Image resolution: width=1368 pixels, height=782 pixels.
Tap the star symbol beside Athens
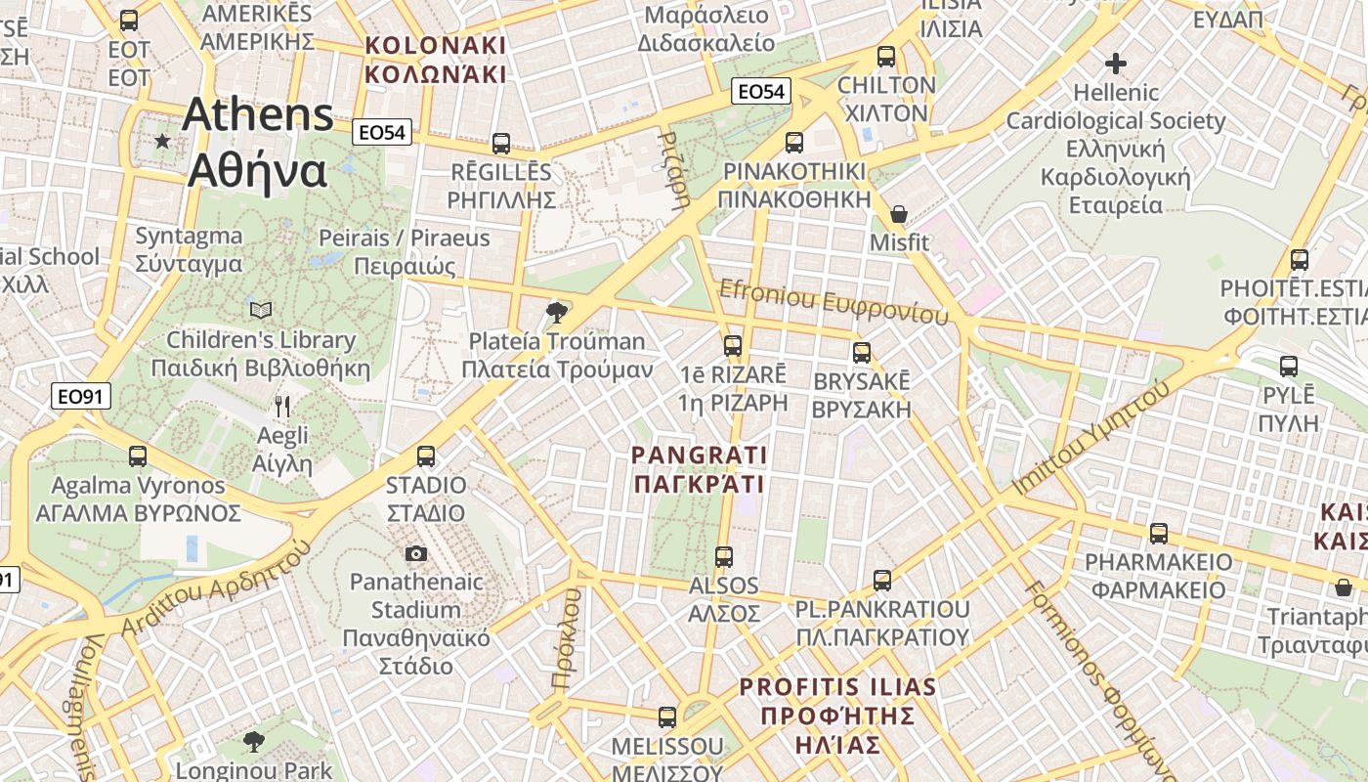(162, 142)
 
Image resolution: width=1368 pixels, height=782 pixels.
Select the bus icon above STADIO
(426, 456)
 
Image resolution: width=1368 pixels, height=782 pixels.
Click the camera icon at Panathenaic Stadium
(416, 554)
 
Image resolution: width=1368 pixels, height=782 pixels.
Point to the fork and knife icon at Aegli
(282, 406)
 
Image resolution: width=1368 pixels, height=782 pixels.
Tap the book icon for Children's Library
(261, 311)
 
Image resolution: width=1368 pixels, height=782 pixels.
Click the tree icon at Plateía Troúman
(557, 313)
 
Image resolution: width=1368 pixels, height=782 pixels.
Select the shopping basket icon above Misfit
(899, 213)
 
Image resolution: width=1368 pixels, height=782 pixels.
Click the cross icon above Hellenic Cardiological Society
(1116, 65)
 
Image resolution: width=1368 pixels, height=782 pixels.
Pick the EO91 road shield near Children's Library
(81, 396)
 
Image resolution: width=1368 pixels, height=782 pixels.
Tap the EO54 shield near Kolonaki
(384, 132)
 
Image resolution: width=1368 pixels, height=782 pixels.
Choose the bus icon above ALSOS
(724, 557)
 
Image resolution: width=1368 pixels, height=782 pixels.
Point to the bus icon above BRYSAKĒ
(862, 352)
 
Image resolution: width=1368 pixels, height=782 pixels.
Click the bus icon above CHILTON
(886, 57)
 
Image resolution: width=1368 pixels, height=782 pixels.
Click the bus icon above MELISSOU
(667, 717)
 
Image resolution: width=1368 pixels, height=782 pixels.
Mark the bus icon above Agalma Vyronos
(138, 456)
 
